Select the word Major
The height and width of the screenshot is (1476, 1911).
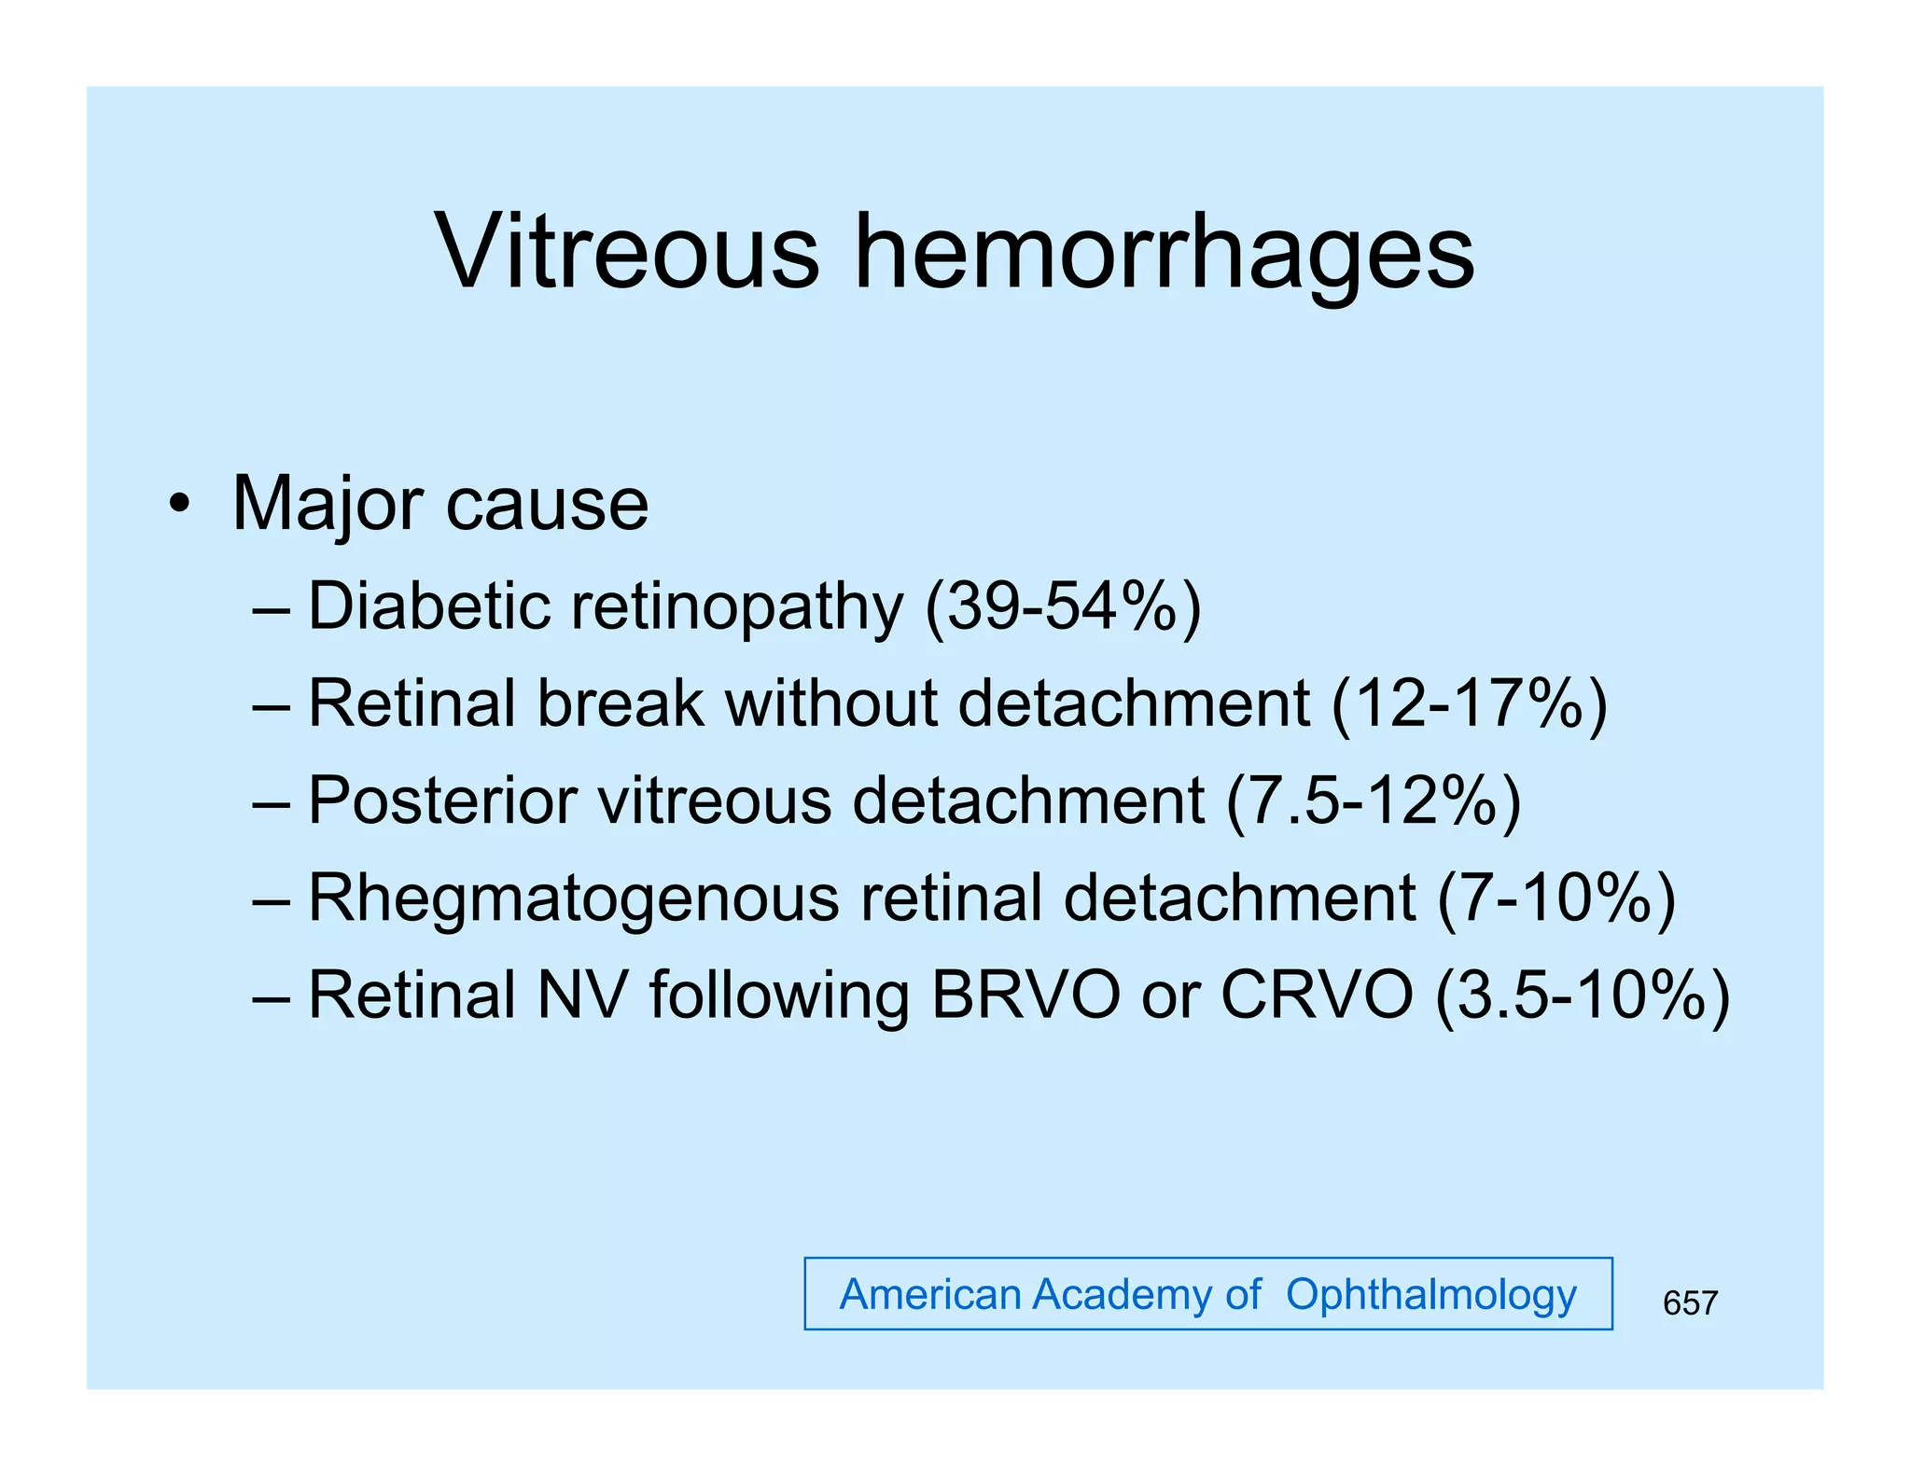click(330, 505)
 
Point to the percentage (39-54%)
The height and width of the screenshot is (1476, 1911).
click(1063, 608)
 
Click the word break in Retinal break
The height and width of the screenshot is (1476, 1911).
click(621, 703)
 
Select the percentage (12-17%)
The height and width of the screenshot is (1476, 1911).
click(1470, 705)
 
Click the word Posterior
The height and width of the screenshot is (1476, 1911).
click(442, 801)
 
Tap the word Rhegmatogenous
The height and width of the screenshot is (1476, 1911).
click(574, 899)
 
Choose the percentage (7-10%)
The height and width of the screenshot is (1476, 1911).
click(1556, 899)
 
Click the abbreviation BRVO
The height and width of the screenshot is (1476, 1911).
click(1025, 996)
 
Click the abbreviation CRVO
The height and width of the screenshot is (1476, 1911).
click(1317, 996)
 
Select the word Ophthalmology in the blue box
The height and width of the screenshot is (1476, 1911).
click(1431, 1296)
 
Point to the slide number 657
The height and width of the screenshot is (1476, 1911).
click(1690, 1303)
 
